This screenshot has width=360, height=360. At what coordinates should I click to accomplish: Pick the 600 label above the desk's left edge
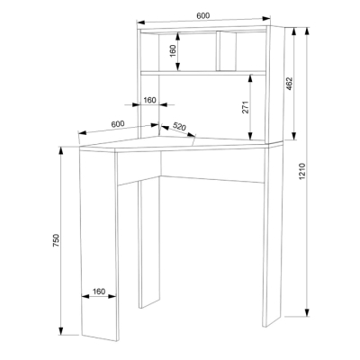[117, 122]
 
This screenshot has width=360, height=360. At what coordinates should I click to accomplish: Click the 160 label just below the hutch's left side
[149, 100]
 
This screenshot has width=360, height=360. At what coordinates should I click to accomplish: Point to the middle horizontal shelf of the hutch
[205, 72]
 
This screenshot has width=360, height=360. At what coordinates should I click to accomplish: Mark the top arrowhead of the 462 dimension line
[293, 28]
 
